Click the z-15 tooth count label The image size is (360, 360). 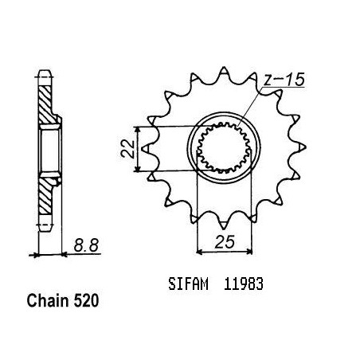(x=284, y=80)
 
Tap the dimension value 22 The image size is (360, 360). (x=127, y=149)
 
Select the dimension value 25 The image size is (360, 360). (x=225, y=242)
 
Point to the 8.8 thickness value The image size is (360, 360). (x=86, y=245)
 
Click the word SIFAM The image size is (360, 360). (x=188, y=284)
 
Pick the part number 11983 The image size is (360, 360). (x=244, y=284)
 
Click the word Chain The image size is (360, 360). (x=48, y=301)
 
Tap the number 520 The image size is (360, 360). (x=86, y=301)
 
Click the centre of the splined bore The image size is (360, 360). (x=224, y=147)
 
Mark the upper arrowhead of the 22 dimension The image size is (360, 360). (x=137, y=130)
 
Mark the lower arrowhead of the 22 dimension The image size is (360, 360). (x=137, y=168)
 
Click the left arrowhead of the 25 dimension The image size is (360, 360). (x=200, y=251)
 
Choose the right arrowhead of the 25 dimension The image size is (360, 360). (x=248, y=251)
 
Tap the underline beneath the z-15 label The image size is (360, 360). (x=284, y=87)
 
